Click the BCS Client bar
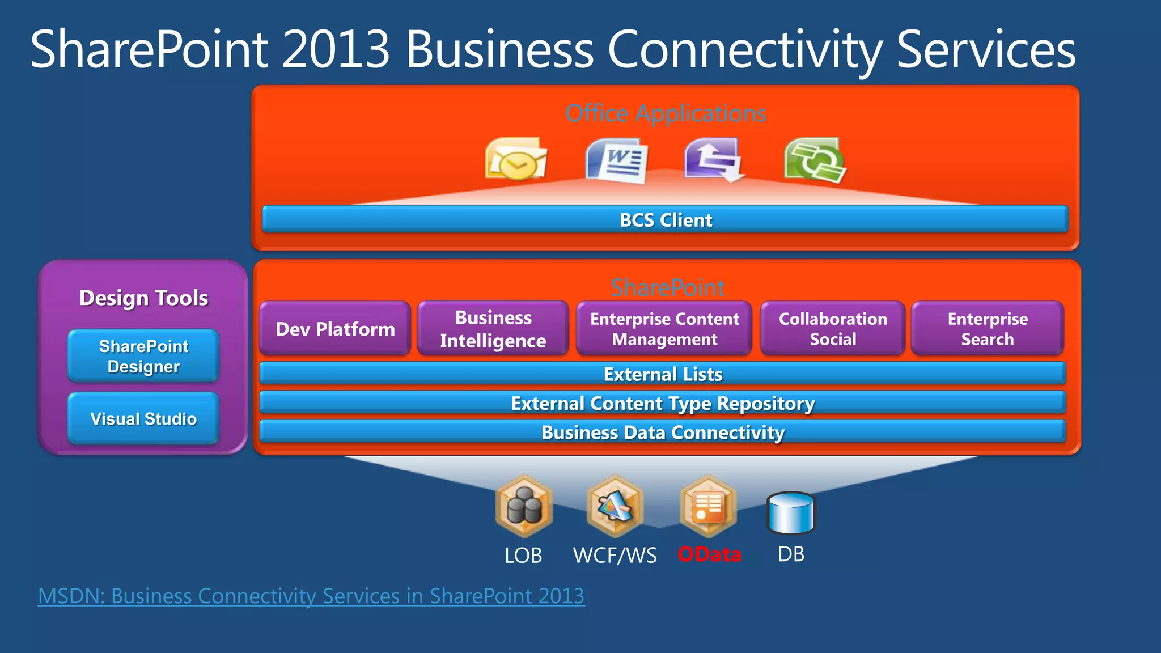point(665,219)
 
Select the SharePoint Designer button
point(143,356)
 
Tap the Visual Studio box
point(143,418)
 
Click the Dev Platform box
point(335,329)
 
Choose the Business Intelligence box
point(493,329)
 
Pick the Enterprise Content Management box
point(664,329)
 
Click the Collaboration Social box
point(832,329)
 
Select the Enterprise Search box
point(987,329)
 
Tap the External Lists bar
point(662,374)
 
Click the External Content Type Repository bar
point(662,403)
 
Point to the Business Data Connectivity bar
point(662,432)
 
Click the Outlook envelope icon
point(515,159)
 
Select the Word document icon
point(617,160)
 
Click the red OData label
point(709,554)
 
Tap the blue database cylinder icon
point(791,513)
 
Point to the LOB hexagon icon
point(524,506)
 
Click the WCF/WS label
point(615,555)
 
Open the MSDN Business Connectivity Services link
point(311,596)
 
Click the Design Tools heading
point(143,298)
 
